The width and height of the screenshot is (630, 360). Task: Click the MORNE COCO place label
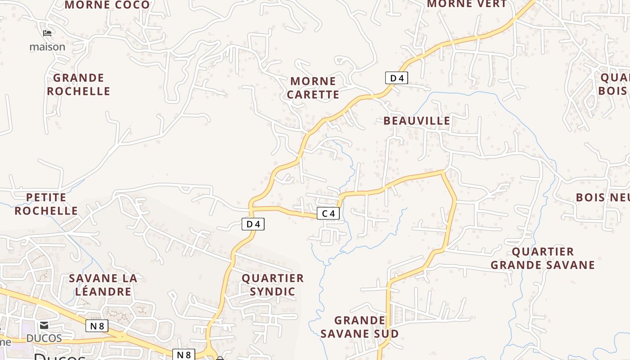point(107,5)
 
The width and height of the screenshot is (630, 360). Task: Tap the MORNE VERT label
point(467,4)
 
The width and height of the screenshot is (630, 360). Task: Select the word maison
point(47,47)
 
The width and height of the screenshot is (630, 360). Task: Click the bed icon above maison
point(47,33)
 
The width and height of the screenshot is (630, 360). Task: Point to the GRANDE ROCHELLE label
point(79,85)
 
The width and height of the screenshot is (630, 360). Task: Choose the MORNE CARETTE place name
point(313,88)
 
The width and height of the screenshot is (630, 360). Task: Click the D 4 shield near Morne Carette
point(396,78)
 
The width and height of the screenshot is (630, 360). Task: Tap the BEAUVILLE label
point(417,121)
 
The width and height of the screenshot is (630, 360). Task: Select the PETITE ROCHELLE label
point(46,204)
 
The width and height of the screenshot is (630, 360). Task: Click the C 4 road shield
point(328,213)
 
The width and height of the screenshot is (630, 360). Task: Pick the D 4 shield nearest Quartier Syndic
point(253,224)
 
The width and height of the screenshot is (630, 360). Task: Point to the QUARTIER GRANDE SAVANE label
point(543,258)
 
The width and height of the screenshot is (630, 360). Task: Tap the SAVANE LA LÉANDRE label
point(103,285)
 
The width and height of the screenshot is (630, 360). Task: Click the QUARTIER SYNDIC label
point(273,285)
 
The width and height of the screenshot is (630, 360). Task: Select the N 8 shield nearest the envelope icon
point(97,326)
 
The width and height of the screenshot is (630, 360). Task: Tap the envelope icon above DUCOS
point(44,325)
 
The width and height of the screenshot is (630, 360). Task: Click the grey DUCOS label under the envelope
point(44,338)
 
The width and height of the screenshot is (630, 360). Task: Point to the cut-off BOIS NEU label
point(603,197)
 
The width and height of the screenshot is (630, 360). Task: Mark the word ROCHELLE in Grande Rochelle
point(79,91)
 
